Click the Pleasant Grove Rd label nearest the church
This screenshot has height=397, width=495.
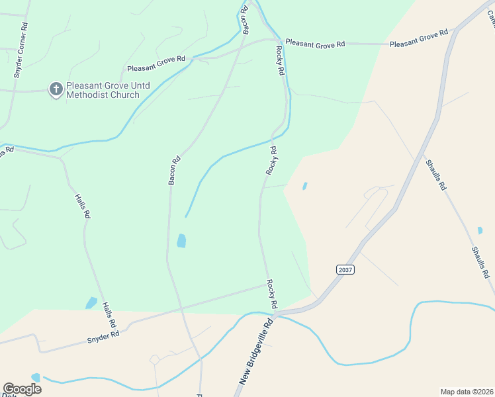point(156,64)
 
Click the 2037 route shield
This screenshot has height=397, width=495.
point(345,269)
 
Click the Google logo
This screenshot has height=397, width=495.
point(22,388)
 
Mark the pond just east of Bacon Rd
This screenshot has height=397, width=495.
point(181,241)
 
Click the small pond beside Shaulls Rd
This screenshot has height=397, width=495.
point(480,230)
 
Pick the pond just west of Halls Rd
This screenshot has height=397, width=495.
point(91,303)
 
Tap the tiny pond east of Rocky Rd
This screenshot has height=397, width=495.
point(304,186)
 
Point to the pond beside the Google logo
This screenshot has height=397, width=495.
point(35,377)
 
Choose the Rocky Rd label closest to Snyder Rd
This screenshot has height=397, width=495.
point(271,294)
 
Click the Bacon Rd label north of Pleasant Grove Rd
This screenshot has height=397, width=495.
point(246,19)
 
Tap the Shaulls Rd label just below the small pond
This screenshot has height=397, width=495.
point(480,261)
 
